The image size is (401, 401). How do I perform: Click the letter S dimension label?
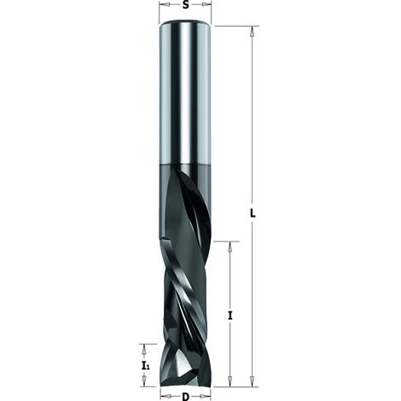[185, 6]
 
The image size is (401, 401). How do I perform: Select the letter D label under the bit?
[185, 395]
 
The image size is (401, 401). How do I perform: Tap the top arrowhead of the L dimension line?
[252, 32]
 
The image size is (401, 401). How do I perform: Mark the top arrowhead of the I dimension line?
[231, 246]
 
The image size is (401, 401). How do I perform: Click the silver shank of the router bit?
[185, 94]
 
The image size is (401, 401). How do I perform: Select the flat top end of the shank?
[185, 27]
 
